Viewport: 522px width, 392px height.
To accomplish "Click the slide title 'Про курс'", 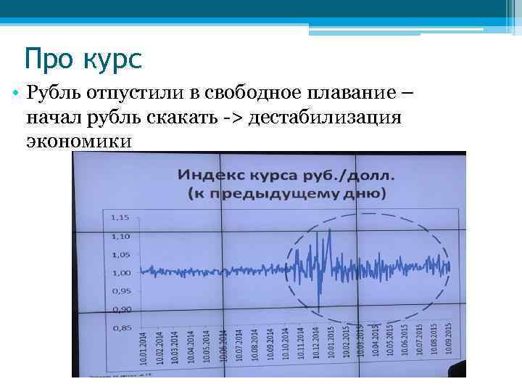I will click(82, 57).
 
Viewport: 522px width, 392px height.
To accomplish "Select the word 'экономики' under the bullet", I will click(79, 140).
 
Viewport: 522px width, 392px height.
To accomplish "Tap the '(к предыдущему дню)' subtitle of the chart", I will click(287, 193).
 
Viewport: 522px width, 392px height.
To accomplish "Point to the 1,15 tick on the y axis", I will click(120, 217).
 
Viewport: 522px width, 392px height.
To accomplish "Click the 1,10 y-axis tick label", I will click(120, 236).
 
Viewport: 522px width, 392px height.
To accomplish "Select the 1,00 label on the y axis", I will click(120, 273).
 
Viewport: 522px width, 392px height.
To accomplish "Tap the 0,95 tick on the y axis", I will click(120, 291).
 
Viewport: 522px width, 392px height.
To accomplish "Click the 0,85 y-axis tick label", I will click(120, 328).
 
